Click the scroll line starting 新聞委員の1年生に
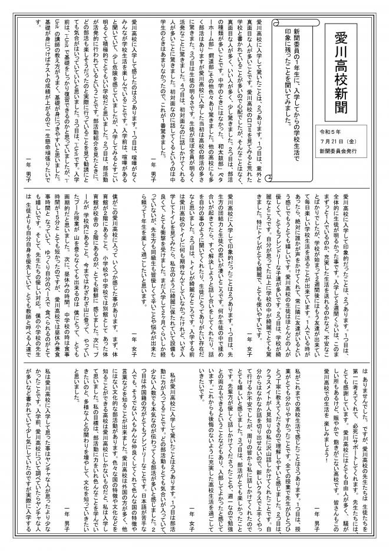point(295,83)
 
